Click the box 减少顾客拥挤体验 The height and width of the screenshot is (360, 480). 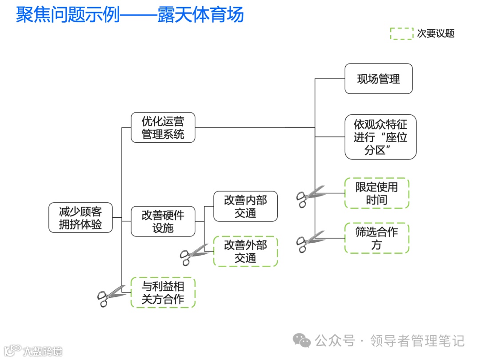[x=80, y=218]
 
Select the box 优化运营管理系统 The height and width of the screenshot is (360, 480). [x=163, y=128]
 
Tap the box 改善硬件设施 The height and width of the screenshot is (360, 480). [x=163, y=221]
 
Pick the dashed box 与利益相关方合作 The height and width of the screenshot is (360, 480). [x=163, y=292]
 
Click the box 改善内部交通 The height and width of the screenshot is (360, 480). [x=245, y=206]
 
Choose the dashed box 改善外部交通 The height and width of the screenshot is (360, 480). [x=245, y=252]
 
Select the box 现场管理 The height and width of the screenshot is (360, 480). [x=378, y=79]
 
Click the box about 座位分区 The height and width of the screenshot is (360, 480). [x=380, y=137]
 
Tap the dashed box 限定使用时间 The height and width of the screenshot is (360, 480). [x=376, y=193]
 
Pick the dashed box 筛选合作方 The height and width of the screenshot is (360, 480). [x=376, y=238]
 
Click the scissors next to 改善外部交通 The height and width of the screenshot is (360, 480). [x=193, y=255]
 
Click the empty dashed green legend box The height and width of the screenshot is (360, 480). [x=401, y=34]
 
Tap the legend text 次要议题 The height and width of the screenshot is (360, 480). [x=435, y=34]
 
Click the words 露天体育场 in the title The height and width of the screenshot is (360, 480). [x=201, y=14]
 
